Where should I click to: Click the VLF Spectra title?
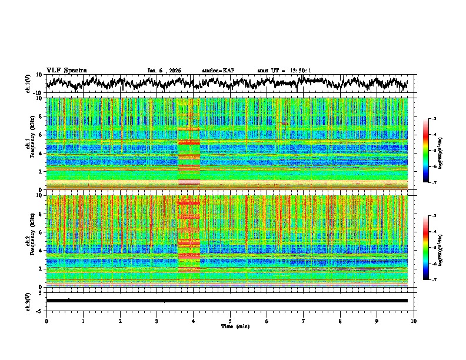pos(66,70)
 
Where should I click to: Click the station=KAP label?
pos(218,71)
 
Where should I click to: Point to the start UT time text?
pos(284,71)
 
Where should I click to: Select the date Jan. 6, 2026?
pos(164,71)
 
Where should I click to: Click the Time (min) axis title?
pos(230,326)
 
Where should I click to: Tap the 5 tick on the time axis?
pos(230,321)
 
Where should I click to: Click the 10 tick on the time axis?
pos(414,321)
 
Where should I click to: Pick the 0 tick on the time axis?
pos(46,321)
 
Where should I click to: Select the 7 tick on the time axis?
pos(304,321)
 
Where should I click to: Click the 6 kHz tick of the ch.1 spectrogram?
pos(41,135)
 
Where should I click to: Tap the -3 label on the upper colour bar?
pos(434,119)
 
